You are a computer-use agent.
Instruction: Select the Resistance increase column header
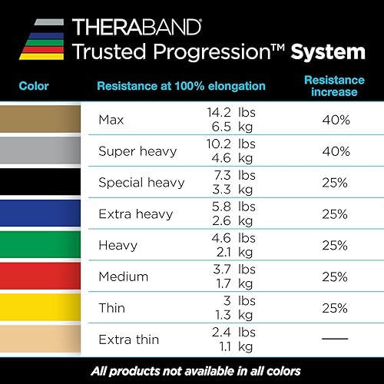pos(335,85)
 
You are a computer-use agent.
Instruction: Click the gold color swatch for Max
pos(41,121)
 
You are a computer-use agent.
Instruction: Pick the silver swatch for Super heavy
pos(41,151)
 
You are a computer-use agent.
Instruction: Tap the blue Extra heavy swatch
pos(41,214)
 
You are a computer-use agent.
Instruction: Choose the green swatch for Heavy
pos(41,245)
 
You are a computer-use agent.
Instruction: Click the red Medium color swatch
pos(41,276)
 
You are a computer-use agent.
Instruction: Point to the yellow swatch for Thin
pos(41,307)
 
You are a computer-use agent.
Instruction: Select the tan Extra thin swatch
pos(41,339)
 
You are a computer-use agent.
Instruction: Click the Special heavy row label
pos(141,183)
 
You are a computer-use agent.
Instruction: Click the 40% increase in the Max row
pos(335,120)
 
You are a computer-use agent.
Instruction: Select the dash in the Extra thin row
pos(335,339)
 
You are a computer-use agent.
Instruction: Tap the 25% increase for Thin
pos(335,307)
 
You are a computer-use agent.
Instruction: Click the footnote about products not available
pos(192,370)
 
